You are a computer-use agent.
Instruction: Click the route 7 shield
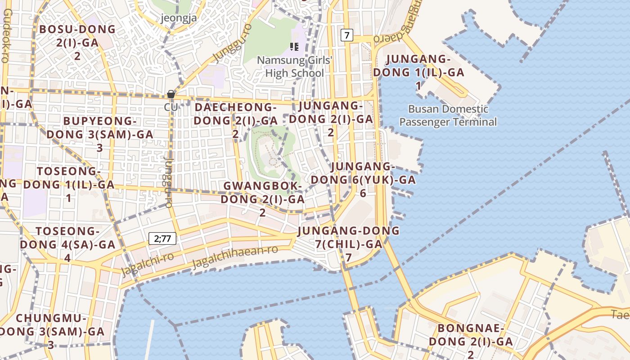tap(346, 35)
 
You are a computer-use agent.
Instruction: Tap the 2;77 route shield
tap(162, 238)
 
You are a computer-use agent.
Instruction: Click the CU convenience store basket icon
tap(171, 94)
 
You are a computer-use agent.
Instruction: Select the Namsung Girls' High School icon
tap(294, 47)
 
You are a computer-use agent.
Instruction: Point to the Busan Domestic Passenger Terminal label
tap(448, 115)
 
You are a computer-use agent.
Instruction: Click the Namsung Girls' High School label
tap(294, 67)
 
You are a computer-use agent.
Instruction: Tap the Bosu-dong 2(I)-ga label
tap(77, 42)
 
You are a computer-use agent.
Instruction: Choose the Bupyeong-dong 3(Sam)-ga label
tap(99, 134)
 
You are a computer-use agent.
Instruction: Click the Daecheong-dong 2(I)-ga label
tap(235, 120)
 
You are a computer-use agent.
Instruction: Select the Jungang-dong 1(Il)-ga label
tap(418, 72)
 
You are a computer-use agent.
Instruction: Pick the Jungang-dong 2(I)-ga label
tap(331, 119)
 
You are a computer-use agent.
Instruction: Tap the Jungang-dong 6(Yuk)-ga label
tap(363, 180)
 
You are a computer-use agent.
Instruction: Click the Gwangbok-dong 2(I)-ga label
tap(262, 198)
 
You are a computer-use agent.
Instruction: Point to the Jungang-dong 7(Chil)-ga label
tap(348, 244)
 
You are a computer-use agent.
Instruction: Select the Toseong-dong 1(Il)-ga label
tap(69, 184)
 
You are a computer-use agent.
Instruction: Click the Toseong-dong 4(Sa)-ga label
tap(67, 244)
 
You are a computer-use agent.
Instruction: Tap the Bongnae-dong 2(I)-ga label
tap(470, 341)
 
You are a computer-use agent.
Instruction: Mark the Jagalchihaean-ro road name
tap(235, 258)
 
